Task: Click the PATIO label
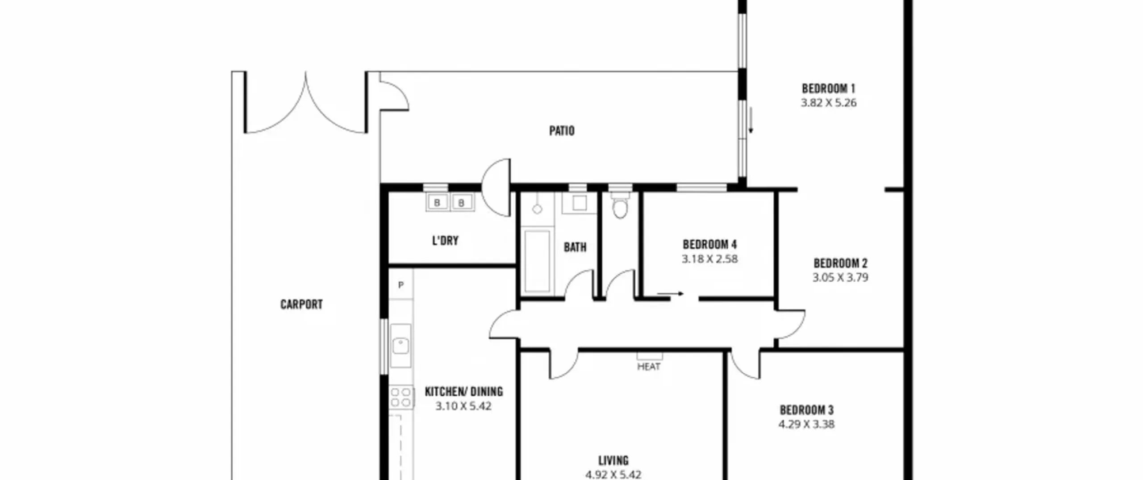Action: click(562, 131)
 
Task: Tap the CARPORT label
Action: click(301, 305)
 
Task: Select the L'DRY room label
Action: click(445, 241)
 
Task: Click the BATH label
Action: click(575, 247)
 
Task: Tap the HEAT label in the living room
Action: click(649, 367)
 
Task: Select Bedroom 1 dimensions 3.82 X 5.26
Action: click(829, 103)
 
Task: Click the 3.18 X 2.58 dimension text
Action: click(709, 259)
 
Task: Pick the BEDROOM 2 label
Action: click(840, 263)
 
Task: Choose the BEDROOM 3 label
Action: click(807, 410)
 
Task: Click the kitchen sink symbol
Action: click(400, 346)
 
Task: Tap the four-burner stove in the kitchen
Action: click(401, 397)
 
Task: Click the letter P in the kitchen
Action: click(401, 285)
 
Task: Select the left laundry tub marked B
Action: click(437, 203)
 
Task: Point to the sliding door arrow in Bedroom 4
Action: click(670, 294)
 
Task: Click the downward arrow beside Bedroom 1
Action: click(751, 120)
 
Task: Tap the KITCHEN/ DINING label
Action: click(464, 392)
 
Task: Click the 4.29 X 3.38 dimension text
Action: click(806, 424)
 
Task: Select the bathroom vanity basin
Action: click(580, 203)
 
